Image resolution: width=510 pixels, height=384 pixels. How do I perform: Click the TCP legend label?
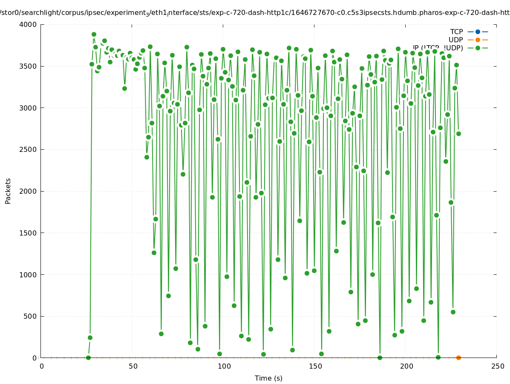456,32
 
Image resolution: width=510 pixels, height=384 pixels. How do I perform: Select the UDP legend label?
455,40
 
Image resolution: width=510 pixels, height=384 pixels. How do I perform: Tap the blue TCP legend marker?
478,32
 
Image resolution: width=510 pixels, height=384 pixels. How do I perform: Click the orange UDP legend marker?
478,40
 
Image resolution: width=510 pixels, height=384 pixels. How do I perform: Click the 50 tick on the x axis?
133,366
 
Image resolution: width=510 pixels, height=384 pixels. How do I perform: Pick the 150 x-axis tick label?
315,366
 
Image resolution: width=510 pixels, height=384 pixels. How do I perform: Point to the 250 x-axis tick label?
497,366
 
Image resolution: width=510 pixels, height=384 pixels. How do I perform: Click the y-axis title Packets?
8,191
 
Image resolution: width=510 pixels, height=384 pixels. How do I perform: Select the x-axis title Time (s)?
268,378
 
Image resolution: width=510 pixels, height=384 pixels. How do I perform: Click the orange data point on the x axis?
458,358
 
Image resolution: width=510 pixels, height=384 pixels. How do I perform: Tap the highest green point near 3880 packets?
94,34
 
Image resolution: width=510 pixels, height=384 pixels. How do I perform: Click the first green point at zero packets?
88,358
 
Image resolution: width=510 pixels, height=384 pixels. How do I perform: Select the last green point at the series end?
458,134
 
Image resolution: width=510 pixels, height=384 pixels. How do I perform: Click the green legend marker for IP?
478,48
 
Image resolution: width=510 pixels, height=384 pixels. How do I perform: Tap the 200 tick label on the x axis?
406,366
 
